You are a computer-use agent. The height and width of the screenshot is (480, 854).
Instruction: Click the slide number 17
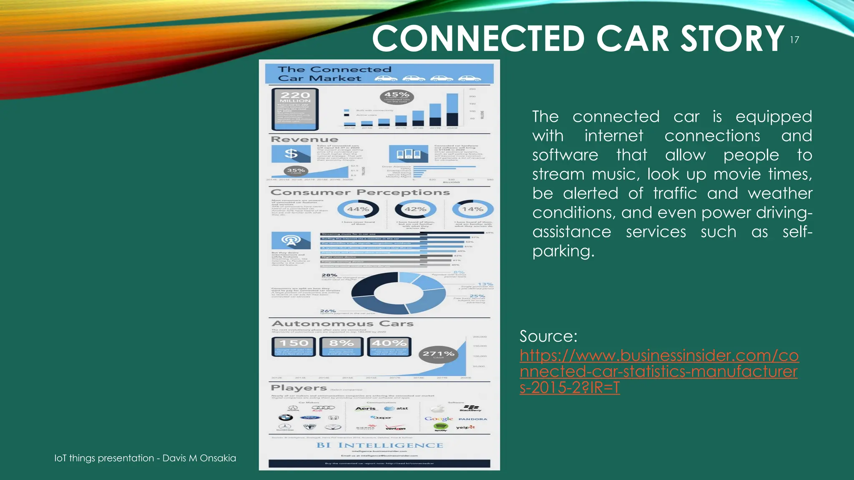pyautogui.click(x=794, y=40)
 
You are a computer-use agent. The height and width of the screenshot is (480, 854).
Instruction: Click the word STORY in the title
pyautogui.click(x=732, y=38)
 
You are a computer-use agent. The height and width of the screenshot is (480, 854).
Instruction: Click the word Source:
pyautogui.click(x=548, y=336)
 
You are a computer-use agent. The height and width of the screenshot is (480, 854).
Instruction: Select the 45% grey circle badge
pyautogui.click(x=397, y=97)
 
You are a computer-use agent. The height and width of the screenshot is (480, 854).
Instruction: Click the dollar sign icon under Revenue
pyautogui.click(x=291, y=154)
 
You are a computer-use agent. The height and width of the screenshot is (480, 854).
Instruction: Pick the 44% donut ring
pyautogui.click(x=358, y=209)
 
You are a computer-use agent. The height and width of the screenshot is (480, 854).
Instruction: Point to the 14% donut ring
pyautogui.click(x=472, y=209)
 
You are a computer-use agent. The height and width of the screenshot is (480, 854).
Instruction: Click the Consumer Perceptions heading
pyautogui.click(x=360, y=192)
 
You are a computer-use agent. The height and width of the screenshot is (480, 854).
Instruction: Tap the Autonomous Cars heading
pyautogui.click(x=342, y=324)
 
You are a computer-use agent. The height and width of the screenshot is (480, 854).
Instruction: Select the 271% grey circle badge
pyautogui.click(x=438, y=354)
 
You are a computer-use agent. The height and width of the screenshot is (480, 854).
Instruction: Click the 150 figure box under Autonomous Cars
pyautogui.click(x=294, y=347)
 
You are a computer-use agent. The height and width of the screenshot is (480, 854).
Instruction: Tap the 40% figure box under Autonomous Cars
pyautogui.click(x=389, y=347)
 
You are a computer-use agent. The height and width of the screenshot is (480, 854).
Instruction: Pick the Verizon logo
pyautogui.click(x=395, y=428)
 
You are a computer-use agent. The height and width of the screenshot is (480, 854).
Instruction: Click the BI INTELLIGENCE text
pyautogui.click(x=379, y=445)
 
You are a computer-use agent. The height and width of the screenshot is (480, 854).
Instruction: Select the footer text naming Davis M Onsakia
pyautogui.click(x=145, y=458)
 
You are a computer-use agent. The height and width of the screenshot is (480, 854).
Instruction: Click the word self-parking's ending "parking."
pyautogui.click(x=563, y=251)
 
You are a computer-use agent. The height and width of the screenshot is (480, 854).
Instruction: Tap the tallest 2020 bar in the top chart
pyautogui.click(x=452, y=109)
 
